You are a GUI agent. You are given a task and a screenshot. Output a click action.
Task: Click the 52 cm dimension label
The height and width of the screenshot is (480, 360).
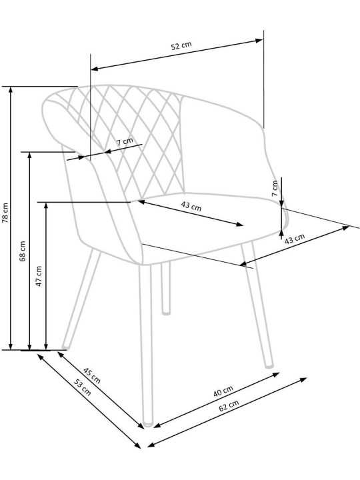[x=181, y=45]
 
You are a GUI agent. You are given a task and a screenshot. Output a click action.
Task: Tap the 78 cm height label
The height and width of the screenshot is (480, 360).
[x=5, y=213]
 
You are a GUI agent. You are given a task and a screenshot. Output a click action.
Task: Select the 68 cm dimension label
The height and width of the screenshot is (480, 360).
[x=23, y=251]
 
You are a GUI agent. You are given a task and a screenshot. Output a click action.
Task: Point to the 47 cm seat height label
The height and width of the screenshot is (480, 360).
[x=39, y=276]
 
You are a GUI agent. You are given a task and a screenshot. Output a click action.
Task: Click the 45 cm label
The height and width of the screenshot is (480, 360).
[x=92, y=375]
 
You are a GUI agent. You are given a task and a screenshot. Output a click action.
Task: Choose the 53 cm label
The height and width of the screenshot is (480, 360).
[x=83, y=387]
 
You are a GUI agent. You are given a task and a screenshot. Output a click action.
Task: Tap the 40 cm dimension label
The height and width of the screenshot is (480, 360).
[x=223, y=391]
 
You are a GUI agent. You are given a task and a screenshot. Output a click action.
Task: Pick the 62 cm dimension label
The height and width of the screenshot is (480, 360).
[x=229, y=405]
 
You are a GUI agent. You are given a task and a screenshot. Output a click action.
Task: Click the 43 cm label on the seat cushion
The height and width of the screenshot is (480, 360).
[x=191, y=206]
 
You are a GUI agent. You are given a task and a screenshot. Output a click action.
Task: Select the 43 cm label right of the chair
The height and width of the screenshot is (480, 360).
[x=295, y=239]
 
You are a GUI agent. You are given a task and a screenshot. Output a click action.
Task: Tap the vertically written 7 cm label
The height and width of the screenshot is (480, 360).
[x=275, y=188]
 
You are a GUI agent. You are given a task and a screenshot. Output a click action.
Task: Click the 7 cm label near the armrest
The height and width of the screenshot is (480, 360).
[x=125, y=141]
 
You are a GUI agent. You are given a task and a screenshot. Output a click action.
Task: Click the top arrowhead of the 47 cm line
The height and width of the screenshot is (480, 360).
[x=46, y=206]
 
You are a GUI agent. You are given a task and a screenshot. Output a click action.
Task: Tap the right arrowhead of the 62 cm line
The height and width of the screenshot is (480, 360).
[x=303, y=380]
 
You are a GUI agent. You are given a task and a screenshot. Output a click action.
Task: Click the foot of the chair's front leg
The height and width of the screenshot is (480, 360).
[x=148, y=424]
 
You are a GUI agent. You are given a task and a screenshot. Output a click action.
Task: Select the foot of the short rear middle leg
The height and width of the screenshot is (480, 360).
[x=166, y=313]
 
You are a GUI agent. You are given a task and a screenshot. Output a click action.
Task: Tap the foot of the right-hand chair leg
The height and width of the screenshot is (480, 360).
[x=269, y=365]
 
